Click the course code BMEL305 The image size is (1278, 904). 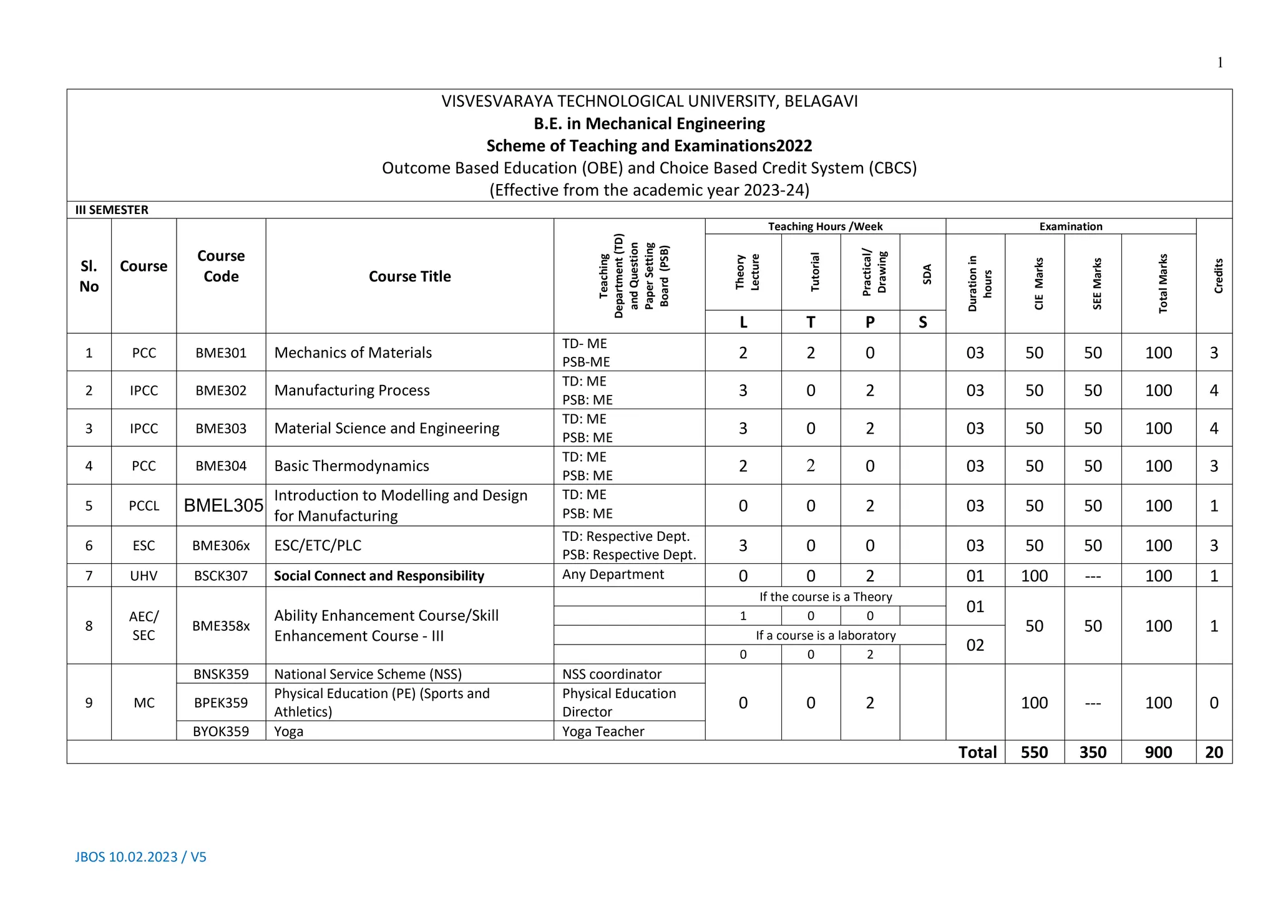[x=223, y=505]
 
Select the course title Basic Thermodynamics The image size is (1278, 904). [x=351, y=466]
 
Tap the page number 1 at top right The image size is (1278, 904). [x=1219, y=62]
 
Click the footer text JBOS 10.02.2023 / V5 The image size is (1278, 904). [x=140, y=857]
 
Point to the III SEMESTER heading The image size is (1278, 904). [x=112, y=210]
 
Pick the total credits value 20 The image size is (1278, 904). [x=1213, y=752]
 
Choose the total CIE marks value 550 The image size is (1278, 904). [x=1033, y=752]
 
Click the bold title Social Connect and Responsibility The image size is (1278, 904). [x=379, y=576]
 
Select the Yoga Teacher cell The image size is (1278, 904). [x=603, y=731]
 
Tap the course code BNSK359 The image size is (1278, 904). [x=221, y=674]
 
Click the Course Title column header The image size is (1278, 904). [x=409, y=276]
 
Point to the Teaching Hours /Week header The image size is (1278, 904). [x=824, y=226]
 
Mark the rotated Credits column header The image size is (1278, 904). [x=1218, y=276]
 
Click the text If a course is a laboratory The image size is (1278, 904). [x=825, y=635]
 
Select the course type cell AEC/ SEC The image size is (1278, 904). [x=144, y=626]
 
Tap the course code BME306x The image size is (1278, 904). [x=221, y=545]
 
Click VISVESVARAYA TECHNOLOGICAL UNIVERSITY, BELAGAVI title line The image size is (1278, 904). [x=649, y=101]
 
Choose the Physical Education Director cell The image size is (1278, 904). [x=618, y=702]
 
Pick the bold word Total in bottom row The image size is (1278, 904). [x=977, y=752]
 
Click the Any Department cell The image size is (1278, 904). [x=613, y=575]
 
